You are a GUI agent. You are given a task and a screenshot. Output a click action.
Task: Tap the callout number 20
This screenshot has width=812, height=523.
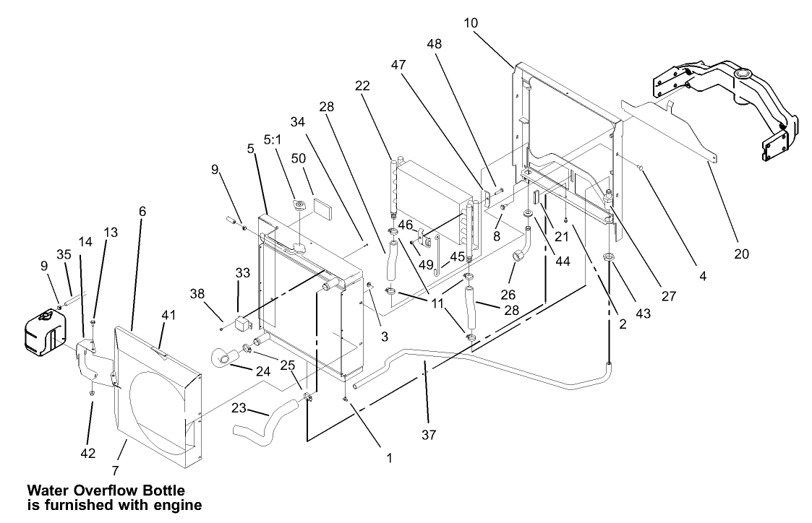[742, 254]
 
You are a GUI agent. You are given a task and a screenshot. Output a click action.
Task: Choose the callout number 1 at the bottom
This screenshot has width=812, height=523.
[389, 458]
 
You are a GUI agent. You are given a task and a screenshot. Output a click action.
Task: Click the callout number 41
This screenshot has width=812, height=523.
[168, 315]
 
